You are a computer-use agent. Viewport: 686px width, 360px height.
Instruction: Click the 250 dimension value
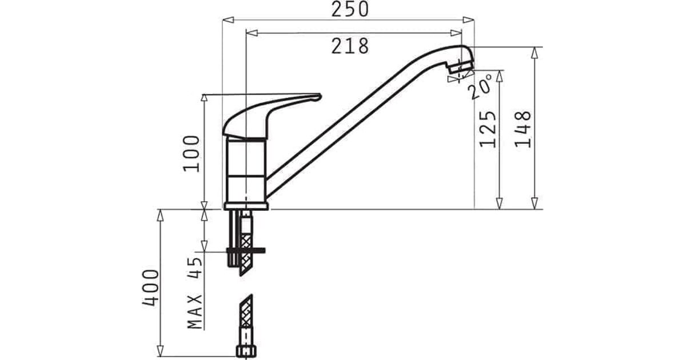click(350, 9)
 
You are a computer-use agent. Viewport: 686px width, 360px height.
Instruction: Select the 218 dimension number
click(350, 46)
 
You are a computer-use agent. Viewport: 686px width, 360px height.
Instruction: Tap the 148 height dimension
click(523, 129)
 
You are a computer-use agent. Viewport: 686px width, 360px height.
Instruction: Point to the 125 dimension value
click(488, 129)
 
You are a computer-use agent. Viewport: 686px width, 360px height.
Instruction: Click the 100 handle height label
click(192, 154)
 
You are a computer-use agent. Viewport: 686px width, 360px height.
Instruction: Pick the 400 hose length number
click(150, 288)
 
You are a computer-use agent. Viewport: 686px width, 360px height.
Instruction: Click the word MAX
click(195, 311)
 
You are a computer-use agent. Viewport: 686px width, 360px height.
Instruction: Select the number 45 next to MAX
click(195, 268)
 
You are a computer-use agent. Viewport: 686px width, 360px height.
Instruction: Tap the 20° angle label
click(480, 86)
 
